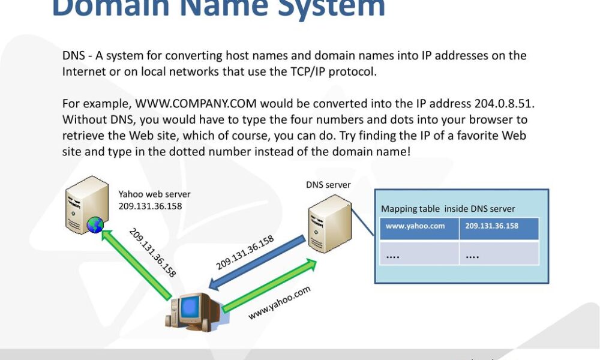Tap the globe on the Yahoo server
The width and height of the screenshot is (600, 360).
click(95, 225)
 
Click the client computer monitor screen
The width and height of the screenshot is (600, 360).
click(191, 307)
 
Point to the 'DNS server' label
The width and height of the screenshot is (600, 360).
click(328, 185)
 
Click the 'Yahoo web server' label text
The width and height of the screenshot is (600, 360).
click(154, 194)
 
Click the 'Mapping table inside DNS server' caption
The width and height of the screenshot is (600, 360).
click(448, 209)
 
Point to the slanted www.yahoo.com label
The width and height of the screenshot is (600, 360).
click(280, 302)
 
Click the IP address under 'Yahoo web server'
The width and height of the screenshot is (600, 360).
click(150, 206)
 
